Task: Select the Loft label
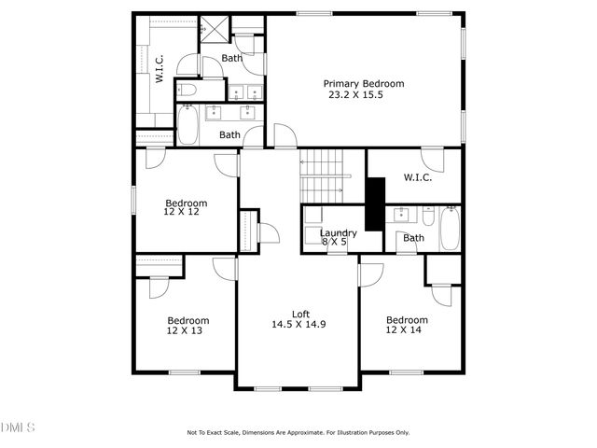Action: (300, 314)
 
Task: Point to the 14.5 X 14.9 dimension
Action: (298, 325)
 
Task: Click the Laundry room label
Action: (338, 233)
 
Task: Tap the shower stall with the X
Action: (214, 30)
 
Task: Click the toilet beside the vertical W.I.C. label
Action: (187, 91)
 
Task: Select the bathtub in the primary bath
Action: (187, 125)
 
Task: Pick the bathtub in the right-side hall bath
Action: (450, 228)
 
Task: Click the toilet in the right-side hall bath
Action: (426, 217)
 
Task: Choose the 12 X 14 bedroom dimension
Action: (407, 330)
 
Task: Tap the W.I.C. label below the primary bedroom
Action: (417, 178)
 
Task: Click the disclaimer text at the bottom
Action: (298, 432)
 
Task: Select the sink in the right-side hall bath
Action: (403, 214)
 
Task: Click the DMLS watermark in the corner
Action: (18, 427)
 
